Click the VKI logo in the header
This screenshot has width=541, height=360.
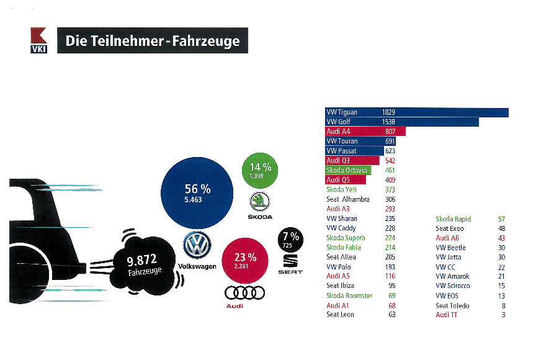(x=38, y=41)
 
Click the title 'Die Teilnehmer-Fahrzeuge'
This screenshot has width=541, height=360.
(x=152, y=42)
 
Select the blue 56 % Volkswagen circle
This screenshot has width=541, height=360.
(x=197, y=194)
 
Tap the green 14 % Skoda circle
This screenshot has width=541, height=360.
(x=261, y=171)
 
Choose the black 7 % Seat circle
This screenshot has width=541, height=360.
(x=290, y=240)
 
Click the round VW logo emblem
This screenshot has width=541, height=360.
(x=197, y=246)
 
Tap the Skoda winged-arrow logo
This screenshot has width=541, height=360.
(x=260, y=201)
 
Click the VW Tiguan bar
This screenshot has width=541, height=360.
(x=417, y=112)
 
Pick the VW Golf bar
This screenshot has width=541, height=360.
(x=402, y=122)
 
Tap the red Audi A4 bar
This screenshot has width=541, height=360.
(x=365, y=132)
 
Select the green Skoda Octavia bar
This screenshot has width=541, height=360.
(x=347, y=170)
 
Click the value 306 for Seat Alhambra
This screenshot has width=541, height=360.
(x=390, y=199)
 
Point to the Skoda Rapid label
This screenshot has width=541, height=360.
(x=454, y=219)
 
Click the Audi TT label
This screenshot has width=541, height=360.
(x=446, y=315)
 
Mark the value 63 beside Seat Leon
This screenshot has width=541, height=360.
(x=391, y=315)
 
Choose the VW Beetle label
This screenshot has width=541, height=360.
(x=450, y=248)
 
